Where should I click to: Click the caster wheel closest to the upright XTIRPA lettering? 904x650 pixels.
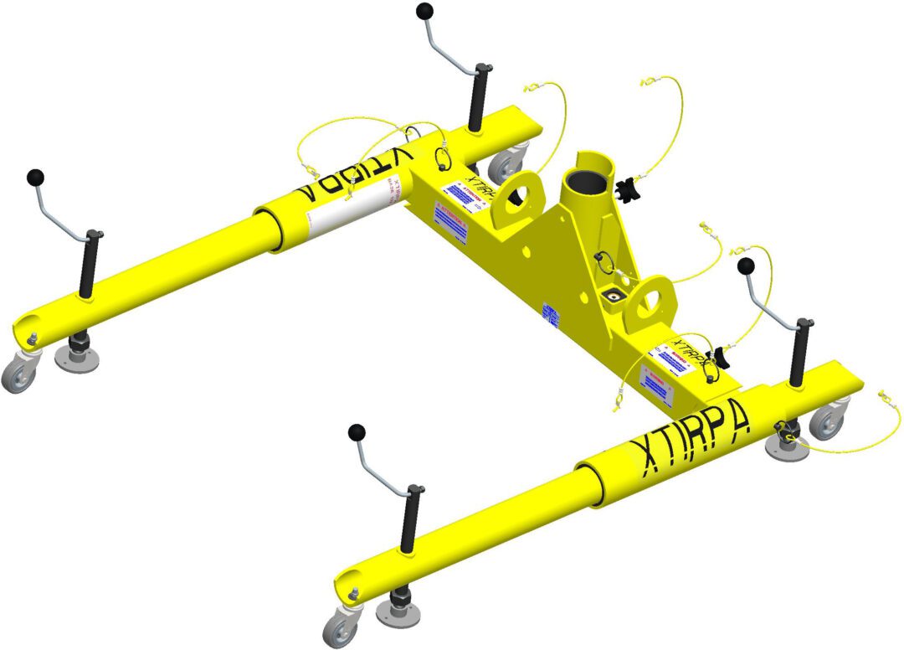828,420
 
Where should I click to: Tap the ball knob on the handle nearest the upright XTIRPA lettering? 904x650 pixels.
746,266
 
